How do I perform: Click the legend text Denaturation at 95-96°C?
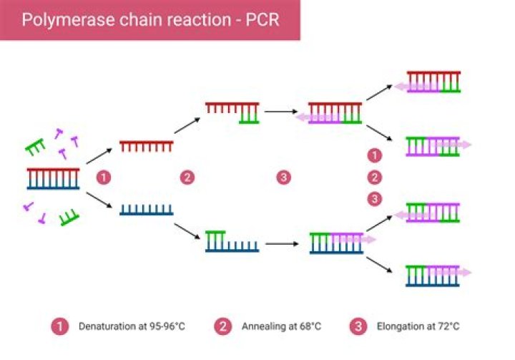(132, 326)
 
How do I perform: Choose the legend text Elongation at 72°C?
(418, 326)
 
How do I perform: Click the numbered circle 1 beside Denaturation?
(61, 326)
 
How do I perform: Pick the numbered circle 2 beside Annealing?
(224, 326)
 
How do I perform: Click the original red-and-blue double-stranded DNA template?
(53, 178)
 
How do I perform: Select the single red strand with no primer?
(146, 146)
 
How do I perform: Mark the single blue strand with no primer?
(146, 210)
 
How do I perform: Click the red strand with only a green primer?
(232, 112)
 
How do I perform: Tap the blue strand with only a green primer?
(232, 242)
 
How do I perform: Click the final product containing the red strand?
(433, 82)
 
